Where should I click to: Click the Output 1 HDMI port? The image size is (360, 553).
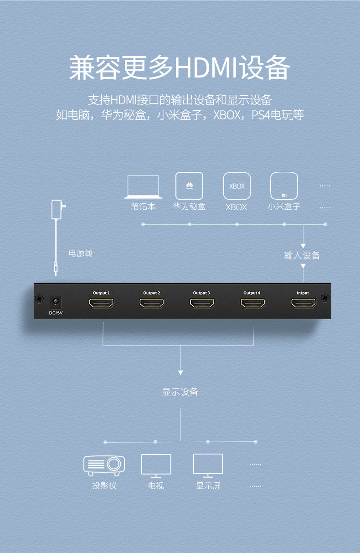(x=101, y=303)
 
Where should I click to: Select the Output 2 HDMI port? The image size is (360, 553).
(x=152, y=303)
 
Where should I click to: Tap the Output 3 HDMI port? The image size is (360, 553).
(x=202, y=303)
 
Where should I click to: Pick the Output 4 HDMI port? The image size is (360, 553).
(x=252, y=303)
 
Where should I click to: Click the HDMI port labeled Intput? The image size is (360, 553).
(x=303, y=303)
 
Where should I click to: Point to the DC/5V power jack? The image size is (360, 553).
(x=55, y=301)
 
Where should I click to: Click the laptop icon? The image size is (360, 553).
(x=143, y=187)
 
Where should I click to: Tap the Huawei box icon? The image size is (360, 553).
(x=189, y=186)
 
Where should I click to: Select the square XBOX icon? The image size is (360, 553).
(x=237, y=186)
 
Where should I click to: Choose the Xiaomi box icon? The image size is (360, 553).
(x=284, y=186)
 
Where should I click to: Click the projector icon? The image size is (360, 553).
(x=104, y=465)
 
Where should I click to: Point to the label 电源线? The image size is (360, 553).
(x=81, y=253)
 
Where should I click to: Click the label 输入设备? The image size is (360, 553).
(x=302, y=255)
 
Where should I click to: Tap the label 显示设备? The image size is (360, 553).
(x=180, y=392)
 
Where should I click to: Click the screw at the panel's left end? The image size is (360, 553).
(x=40, y=299)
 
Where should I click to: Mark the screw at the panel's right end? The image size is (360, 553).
(x=325, y=298)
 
